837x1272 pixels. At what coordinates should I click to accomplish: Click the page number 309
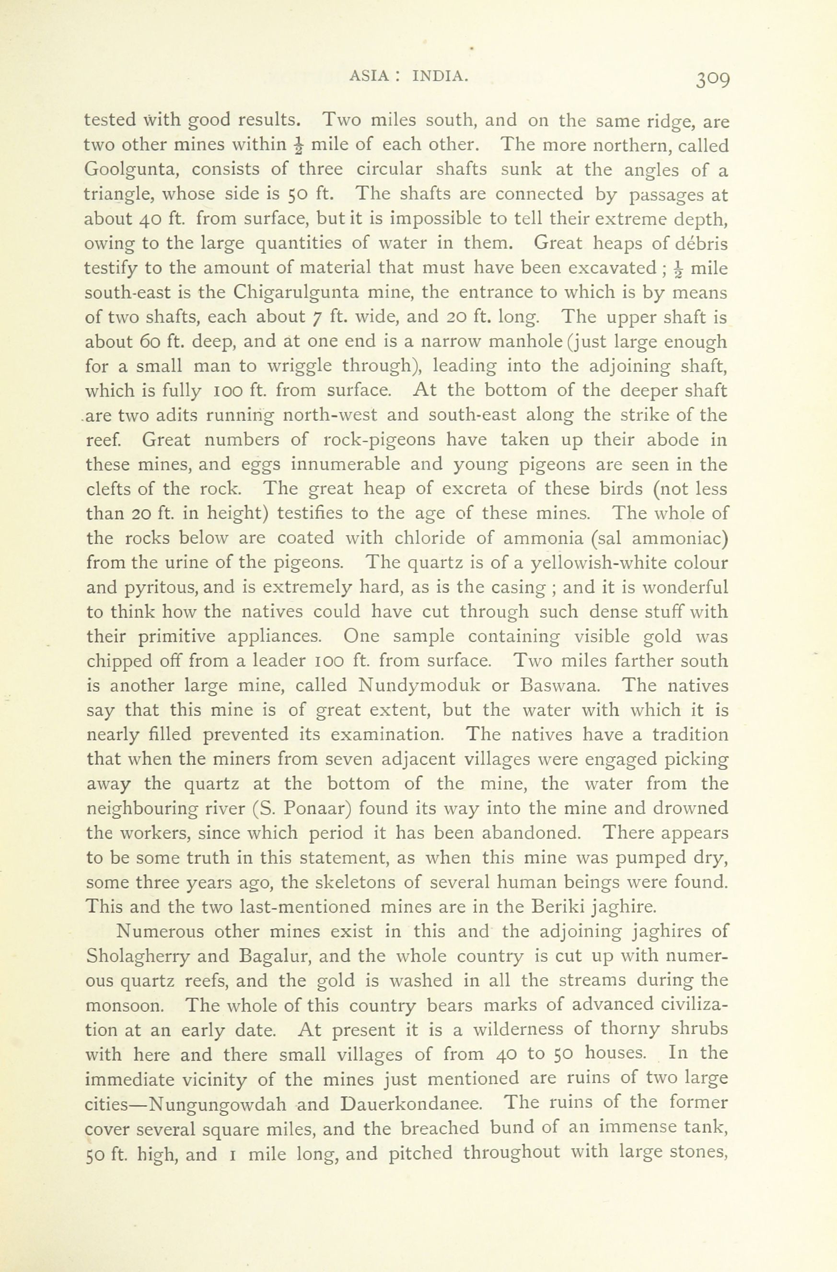click(712, 79)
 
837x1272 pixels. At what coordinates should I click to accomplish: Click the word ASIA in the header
click(369, 76)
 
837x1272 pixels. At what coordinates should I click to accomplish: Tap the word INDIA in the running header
click(440, 76)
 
